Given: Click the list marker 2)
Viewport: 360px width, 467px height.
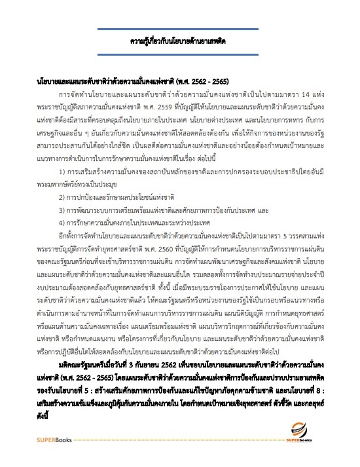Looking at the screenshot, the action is tap(72, 196).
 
